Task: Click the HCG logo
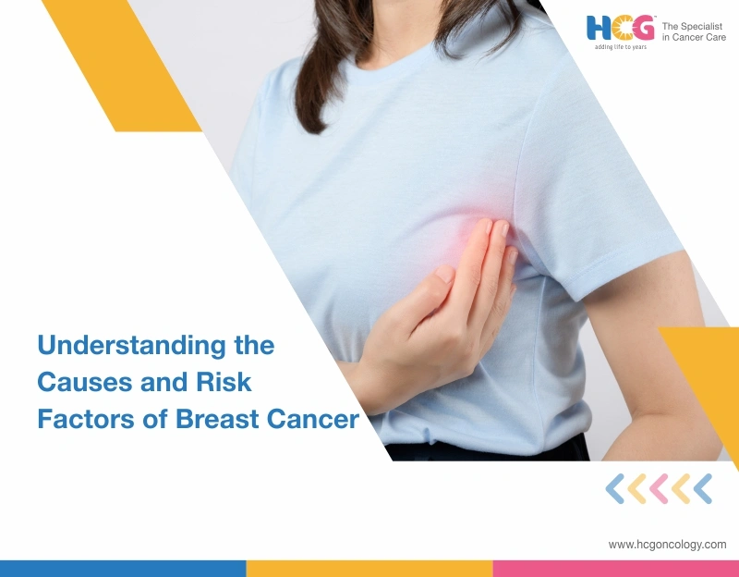coord(619,28)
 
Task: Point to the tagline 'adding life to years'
coord(620,46)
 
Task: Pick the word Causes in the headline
coord(77,383)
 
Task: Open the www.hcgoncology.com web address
coord(667,545)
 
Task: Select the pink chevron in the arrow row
coord(659,488)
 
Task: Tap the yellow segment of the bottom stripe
coord(369,568)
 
